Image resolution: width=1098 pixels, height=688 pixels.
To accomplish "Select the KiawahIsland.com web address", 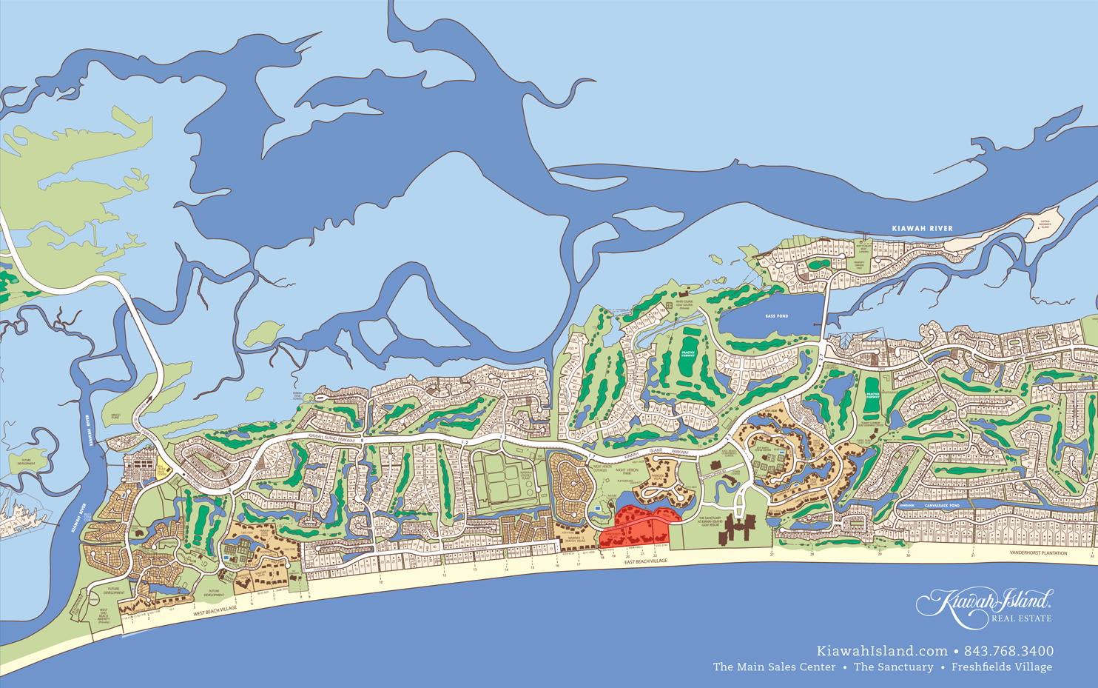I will pyautogui.click(x=882, y=651).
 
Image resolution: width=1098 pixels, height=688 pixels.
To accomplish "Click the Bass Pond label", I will pyautogui.click(x=776, y=316).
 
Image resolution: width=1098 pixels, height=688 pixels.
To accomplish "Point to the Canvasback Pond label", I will pyautogui.click(x=942, y=505).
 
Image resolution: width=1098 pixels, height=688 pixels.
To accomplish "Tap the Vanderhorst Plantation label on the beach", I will pyautogui.click(x=1038, y=553).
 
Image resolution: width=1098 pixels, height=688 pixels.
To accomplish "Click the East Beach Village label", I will pyautogui.click(x=645, y=561).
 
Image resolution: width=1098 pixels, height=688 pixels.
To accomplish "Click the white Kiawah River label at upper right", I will pyautogui.click(x=922, y=228).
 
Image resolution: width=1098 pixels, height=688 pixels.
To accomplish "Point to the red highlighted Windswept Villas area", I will pyautogui.click(x=636, y=526).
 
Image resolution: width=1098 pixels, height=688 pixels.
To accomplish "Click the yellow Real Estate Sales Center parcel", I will pyautogui.click(x=162, y=469).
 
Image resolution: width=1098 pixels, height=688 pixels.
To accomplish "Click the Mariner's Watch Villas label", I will pyautogui.click(x=570, y=539).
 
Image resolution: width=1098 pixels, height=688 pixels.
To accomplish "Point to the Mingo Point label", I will pyautogui.click(x=115, y=416).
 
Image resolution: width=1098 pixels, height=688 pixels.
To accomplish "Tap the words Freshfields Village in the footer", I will pyautogui.click(x=1001, y=667).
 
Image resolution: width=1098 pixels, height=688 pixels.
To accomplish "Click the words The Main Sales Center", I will pyautogui.click(x=774, y=667).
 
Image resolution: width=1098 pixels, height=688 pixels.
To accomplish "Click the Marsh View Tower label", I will pyautogui.click(x=298, y=395).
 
